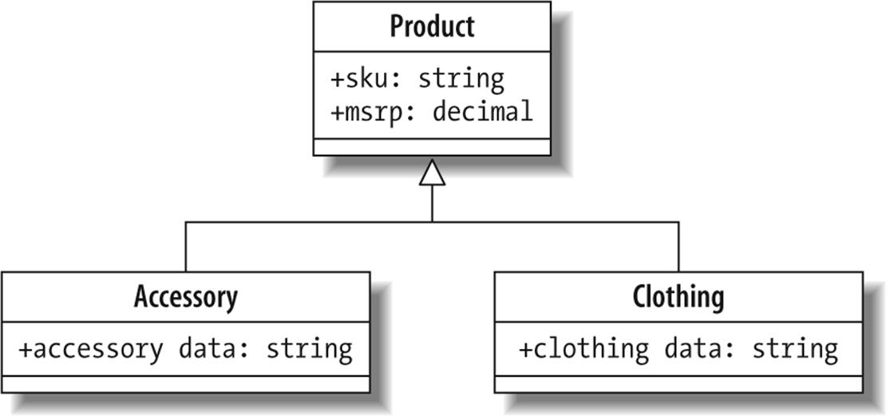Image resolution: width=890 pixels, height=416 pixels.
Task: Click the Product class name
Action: click(x=432, y=26)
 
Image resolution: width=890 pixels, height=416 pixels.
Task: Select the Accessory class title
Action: click(x=185, y=297)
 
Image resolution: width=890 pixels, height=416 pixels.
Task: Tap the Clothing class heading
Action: click(x=678, y=297)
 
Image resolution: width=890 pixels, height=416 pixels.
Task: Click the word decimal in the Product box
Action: click(x=482, y=112)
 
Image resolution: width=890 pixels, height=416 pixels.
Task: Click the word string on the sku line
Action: click(x=461, y=79)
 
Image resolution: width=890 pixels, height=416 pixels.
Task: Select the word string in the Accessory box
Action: click(x=308, y=349)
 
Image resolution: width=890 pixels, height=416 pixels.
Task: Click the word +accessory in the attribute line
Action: click(x=89, y=349)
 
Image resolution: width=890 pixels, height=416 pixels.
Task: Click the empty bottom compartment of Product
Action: click(x=432, y=147)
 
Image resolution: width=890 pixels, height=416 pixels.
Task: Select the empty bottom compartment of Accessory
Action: click(x=185, y=384)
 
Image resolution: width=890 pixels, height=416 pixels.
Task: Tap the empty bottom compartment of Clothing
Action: click(x=678, y=384)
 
